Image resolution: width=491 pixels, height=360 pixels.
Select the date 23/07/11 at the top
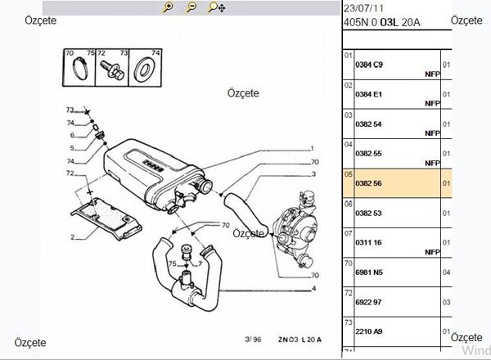click(361, 7)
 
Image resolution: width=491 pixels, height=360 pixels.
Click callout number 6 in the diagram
click(72, 135)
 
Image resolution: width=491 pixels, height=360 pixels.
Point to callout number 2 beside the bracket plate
click(72, 237)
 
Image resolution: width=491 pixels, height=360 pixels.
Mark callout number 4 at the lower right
click(313, 289)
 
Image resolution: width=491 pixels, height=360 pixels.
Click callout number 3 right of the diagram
click(313, 162)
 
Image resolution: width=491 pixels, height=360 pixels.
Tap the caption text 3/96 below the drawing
click(230, 339)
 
